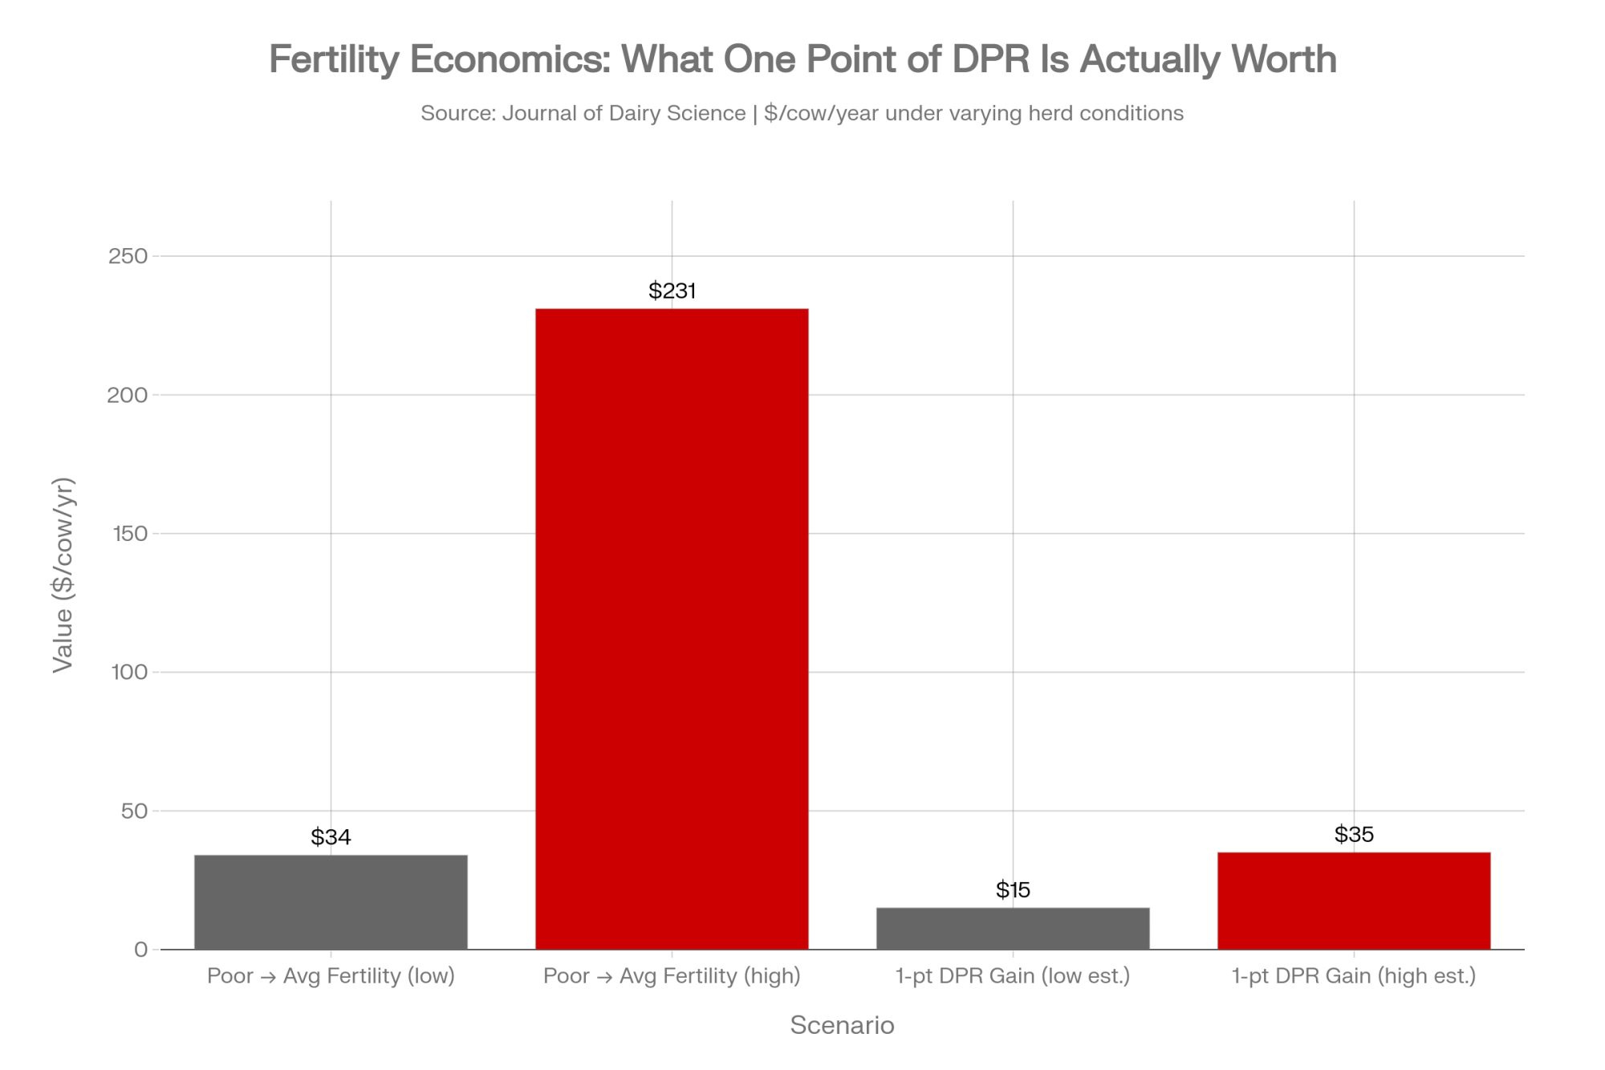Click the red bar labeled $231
point(672,629)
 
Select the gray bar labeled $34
point(331,902)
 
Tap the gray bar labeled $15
point(1013,929)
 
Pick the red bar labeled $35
point(1354,901)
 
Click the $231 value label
point(672,291)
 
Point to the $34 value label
point(331,837)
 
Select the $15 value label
point(1013,890)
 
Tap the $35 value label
point(1354,835)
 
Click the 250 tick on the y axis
point(128,256)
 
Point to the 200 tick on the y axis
point(128,395)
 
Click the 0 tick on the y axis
point(141,950)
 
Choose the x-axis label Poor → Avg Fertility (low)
point(331,976)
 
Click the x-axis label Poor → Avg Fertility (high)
point(672,976)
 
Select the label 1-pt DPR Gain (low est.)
point(1013,976)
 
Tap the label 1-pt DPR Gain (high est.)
point(1354,976)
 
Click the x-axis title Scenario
point(842,1025)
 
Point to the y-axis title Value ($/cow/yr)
point(63,575)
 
